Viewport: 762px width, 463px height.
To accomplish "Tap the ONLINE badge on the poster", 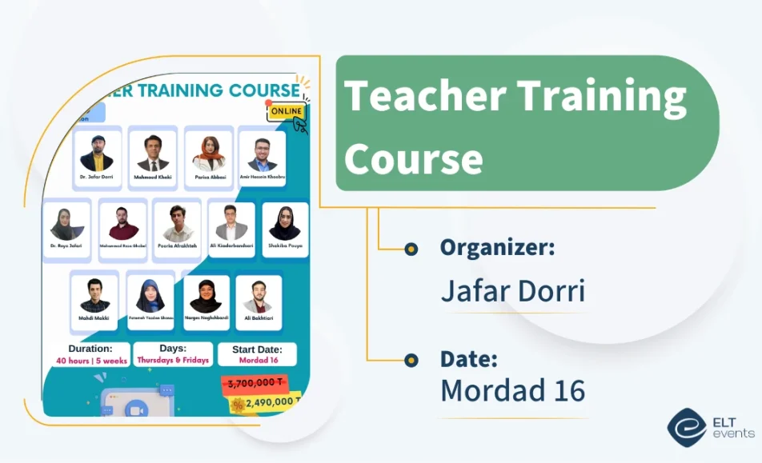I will pyautogui.click(x=287, y=112).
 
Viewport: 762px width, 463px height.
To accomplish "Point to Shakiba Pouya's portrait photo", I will pyautogui.click(x=284, y=223).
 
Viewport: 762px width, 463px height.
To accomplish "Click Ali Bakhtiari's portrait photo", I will pyautogui.click(x=258, y=297).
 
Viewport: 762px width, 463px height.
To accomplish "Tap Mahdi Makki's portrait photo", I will pyautogui.click(x=94, y=297).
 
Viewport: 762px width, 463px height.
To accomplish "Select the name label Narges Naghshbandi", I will pyautogui.click(x=207, y=317).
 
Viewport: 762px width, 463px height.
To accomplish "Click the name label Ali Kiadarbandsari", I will pyautogui.click(x=231, y=246).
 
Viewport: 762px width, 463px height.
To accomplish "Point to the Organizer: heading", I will pyautogui.click(x=497, y=248).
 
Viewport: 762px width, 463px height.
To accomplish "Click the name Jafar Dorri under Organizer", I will pyautogui.click(x=512, y=292).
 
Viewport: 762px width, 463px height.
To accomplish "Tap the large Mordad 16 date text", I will pyautogui.click(x=512, y=391).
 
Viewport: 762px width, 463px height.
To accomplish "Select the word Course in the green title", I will pyautogui.click(x=414, y=158).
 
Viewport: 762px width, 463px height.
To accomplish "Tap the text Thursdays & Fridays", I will pyautogui.click(x=173, y=361).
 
